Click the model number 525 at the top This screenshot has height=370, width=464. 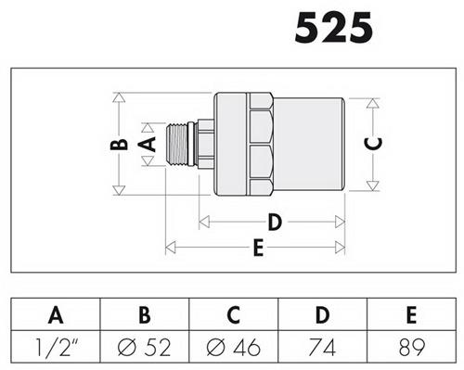(x=334, y=28)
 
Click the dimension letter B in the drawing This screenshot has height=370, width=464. (x=119, y=145)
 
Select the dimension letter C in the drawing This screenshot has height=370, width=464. (x=373, y=144)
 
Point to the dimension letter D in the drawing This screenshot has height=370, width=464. (x=275, y=222)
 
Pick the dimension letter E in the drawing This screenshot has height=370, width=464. (x=258, y=248)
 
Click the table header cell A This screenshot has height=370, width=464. (x=56, y=314)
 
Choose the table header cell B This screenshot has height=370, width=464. (x=145, y=314)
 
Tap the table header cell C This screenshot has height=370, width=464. (x=234, y=314)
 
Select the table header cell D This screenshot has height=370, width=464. (x=322, y=314)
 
